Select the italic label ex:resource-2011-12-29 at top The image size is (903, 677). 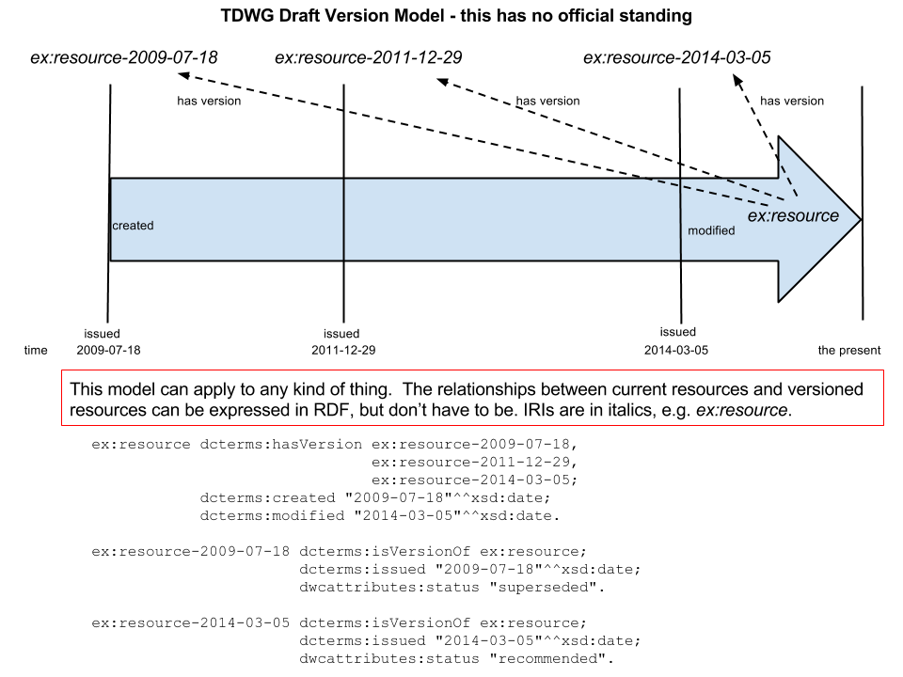pos(369,58)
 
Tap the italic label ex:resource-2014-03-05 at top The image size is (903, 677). pos(677,58)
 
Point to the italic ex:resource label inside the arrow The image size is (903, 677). pos(793,216)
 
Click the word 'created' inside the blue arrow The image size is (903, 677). pos(133,226)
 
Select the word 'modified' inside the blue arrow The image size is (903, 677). pos(711,230)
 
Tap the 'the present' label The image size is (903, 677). pos(849,351)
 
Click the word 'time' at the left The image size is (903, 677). pos(35,351)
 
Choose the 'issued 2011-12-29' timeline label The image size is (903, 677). pos(341,342)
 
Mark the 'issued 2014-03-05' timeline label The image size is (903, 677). pos(677,340)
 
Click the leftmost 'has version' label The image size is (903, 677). pos(209,102)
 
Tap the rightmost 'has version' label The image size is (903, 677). pos(792,102)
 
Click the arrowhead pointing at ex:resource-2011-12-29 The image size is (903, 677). pos(441,82)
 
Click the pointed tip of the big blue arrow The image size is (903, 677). pos(860,219)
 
